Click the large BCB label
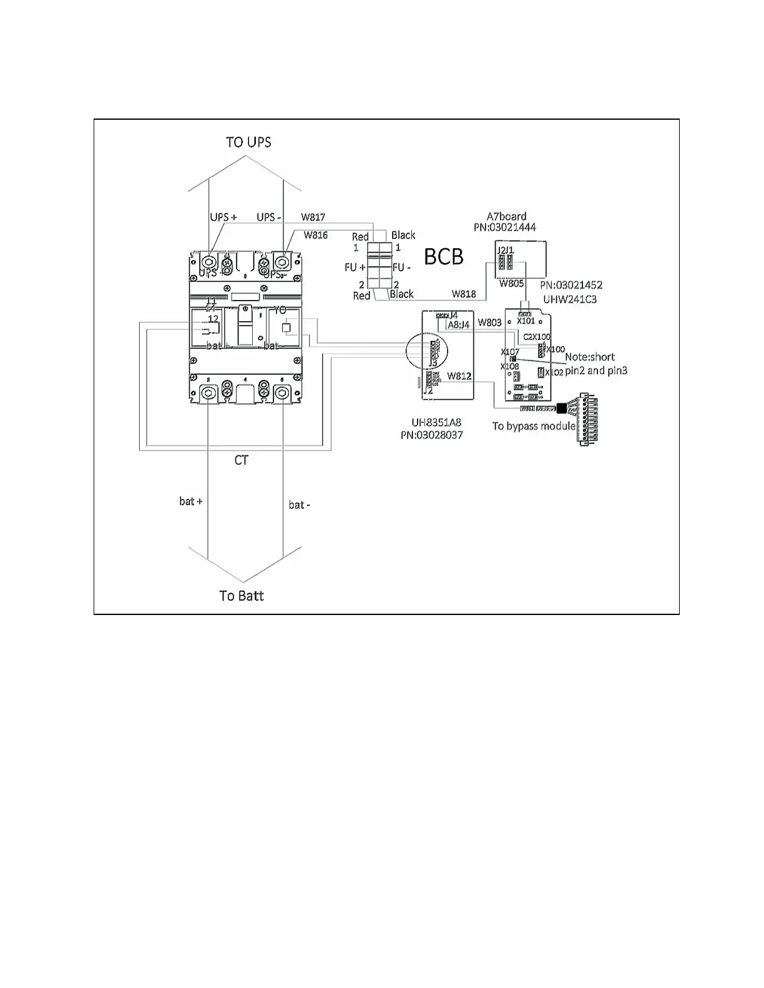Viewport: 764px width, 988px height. pos(444,256)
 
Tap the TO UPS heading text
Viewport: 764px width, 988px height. pos(248,142)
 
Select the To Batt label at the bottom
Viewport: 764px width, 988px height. pos(242,596)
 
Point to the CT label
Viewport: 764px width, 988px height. pos(241,460)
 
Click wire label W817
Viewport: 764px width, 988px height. pos(313,217)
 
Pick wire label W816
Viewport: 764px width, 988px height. pos(316,235)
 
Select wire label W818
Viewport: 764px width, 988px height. pos(464,294)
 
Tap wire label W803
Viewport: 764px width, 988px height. pos(489,322)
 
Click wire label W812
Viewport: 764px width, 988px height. pos(459,376)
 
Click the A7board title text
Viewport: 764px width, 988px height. pos(506,216)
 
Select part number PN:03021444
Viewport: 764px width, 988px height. pos(504,228)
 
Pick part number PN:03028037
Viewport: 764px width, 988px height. pos(432,435)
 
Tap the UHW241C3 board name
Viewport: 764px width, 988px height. pos(569,299)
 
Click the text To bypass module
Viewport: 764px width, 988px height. pos(534,426)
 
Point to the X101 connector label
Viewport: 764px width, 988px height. pos(526,321)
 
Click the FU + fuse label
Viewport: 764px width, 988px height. pos(353,267)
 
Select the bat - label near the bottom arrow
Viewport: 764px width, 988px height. pos(299,505)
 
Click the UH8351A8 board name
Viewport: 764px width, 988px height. pos(432,422)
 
